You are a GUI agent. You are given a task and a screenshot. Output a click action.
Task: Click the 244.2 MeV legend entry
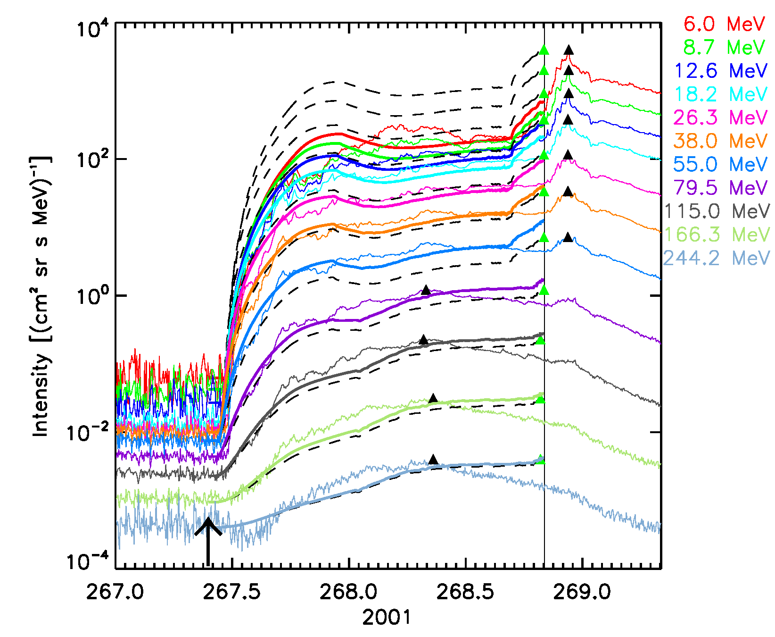point(717,258)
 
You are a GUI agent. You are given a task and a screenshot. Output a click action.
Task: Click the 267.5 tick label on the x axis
point(232,592)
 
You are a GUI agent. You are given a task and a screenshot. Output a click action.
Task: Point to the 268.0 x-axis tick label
point(349,592)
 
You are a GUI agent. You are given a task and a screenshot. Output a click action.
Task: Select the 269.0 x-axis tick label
point(582,592)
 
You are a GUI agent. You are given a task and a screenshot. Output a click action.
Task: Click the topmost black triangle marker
point(569,50)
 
